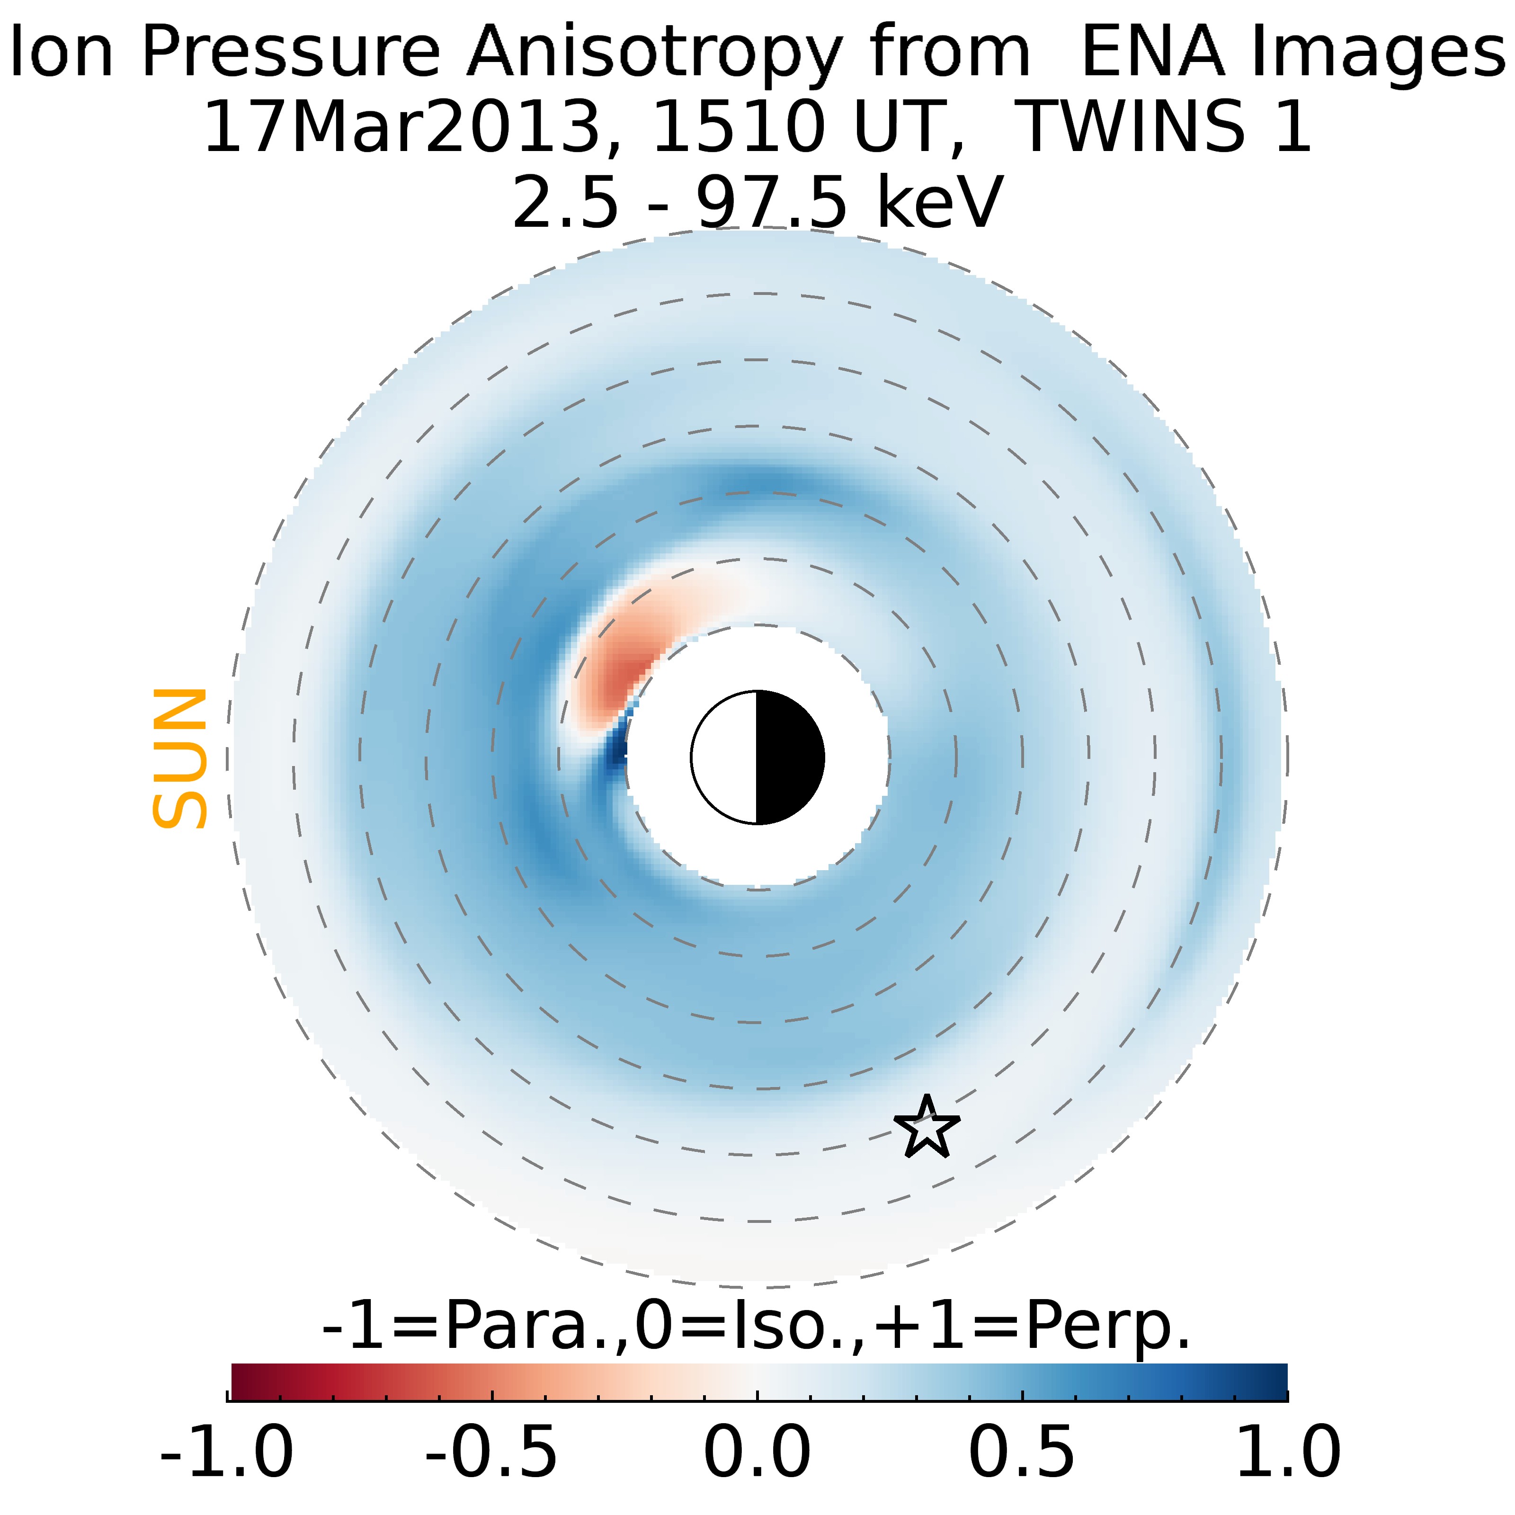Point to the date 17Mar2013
click(402, 127)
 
